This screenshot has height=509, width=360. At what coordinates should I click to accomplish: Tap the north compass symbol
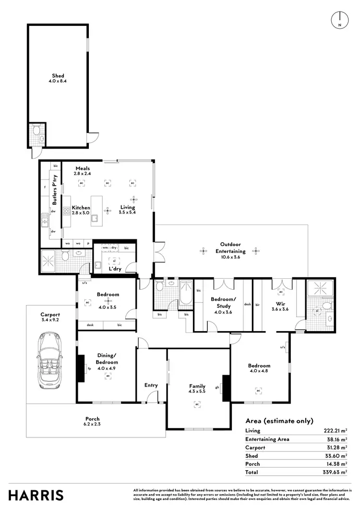tap(339, 19)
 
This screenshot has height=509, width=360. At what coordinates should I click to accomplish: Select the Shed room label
tap(58, 76)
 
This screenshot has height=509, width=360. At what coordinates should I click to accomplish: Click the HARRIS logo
tap(35, 495)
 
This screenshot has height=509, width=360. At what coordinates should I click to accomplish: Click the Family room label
tap(197, 386)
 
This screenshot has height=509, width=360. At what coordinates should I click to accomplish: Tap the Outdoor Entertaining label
tap(230, 248)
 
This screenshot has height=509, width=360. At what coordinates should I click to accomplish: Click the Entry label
tap(151, 385)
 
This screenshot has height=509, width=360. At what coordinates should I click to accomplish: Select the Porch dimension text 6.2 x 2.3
tap(93, 424)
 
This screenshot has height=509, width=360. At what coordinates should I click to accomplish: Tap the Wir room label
tap(280, 304)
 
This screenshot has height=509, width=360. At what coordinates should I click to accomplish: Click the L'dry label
tap(115, 269)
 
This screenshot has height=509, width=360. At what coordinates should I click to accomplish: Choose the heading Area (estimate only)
tap(279, 421)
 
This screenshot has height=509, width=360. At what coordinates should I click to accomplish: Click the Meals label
tap(82, 168)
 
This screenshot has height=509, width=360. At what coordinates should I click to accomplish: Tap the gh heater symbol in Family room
tap(217, 388)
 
